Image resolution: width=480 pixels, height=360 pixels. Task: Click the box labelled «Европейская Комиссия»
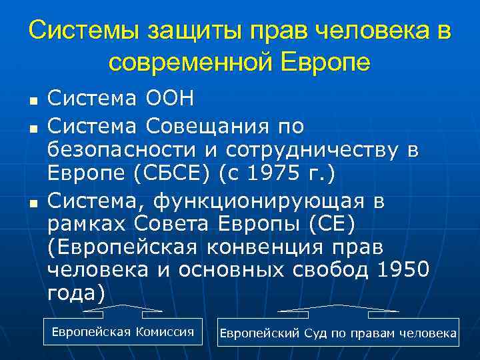coord(123,331)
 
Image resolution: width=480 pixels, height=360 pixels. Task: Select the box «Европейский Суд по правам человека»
coord(338,332)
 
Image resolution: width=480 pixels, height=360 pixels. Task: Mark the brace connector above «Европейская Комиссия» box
coord(123,309)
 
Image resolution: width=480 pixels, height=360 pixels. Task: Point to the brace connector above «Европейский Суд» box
coord(338,309)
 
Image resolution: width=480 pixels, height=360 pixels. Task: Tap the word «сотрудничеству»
coord(314,149)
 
